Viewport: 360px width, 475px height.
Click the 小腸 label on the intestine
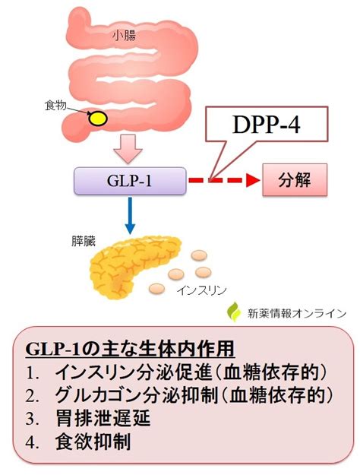124,36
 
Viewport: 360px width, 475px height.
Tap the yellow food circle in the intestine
97,118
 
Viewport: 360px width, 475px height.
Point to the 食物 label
55,106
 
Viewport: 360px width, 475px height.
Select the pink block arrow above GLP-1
128,148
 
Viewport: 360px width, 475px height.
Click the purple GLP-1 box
130,181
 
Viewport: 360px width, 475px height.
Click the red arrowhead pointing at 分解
253,181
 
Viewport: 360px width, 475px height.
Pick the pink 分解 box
295,180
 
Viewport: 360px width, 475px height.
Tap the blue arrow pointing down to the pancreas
130,215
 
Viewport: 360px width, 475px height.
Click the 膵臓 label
84,242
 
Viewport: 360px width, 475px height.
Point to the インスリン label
202,290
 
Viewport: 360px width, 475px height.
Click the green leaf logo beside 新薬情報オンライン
234,312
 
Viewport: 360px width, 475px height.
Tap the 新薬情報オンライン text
297,313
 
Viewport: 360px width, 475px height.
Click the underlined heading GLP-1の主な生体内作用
130,349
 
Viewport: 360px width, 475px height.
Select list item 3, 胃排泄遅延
103,418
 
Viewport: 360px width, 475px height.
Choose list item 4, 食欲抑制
93,442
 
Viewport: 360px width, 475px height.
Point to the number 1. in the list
33,373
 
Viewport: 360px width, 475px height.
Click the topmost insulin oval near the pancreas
199,255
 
